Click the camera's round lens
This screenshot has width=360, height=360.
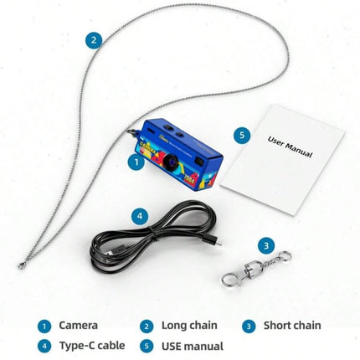tap(171, 162)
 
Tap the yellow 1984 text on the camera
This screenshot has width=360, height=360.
tap(190, 177)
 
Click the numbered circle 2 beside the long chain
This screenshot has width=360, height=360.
tap(94, 40)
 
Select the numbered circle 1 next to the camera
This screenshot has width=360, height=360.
tap(136, 162)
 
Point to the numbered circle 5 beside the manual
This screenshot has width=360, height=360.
tap(242, 136)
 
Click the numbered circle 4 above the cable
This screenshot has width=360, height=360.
tap(140, 216)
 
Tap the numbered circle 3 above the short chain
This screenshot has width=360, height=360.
tap(266, 245)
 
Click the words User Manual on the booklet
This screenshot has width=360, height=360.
tap(290, 147)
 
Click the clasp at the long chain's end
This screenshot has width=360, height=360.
tap(22, 265)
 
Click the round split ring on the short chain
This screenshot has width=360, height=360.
tap(285, 256)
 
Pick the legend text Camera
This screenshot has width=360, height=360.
tap(78, 326)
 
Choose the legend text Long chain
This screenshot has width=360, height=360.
tap(189, 326)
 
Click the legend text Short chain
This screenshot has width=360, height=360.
tap(292, 326)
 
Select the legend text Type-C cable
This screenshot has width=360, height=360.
tap(92, 346)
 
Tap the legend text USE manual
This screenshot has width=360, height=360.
tap(193, 346)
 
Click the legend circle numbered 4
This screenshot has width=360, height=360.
tap(44, 347)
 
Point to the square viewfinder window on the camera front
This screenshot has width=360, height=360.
tap(199, 161)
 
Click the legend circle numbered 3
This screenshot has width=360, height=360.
tap(249, 327)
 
